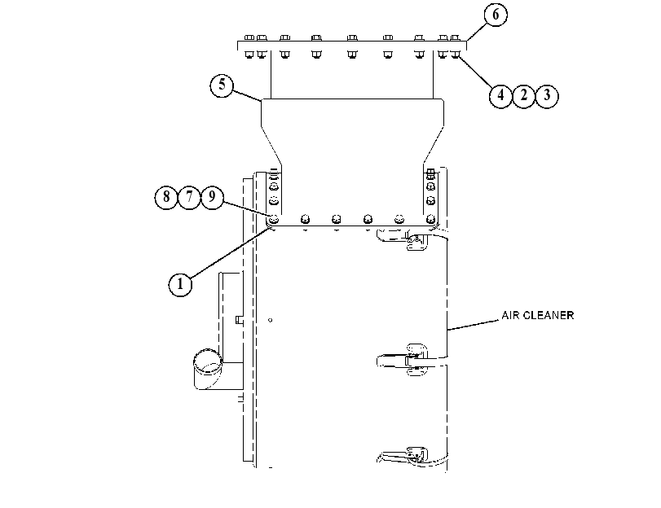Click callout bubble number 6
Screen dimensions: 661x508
[496, 15]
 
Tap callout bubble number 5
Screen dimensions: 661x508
[222, 85]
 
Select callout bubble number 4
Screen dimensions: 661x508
[500, 95]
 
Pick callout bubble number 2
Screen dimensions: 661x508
[523, 95]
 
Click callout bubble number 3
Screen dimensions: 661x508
[547, 95]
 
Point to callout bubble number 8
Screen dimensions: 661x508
[166, 197]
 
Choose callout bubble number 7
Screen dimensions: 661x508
[189, 197]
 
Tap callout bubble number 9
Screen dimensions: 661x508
[212, 197]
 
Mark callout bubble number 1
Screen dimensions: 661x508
[180, 284]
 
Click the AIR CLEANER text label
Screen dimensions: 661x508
[537, 315]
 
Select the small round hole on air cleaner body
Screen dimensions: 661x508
[271, 320]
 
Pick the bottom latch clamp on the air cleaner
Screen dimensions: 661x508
[402, 457]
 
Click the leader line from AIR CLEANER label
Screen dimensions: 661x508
[474, 325]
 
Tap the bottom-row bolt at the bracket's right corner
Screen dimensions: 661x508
[430, 219]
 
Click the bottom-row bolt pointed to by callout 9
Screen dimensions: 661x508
[274, 219]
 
